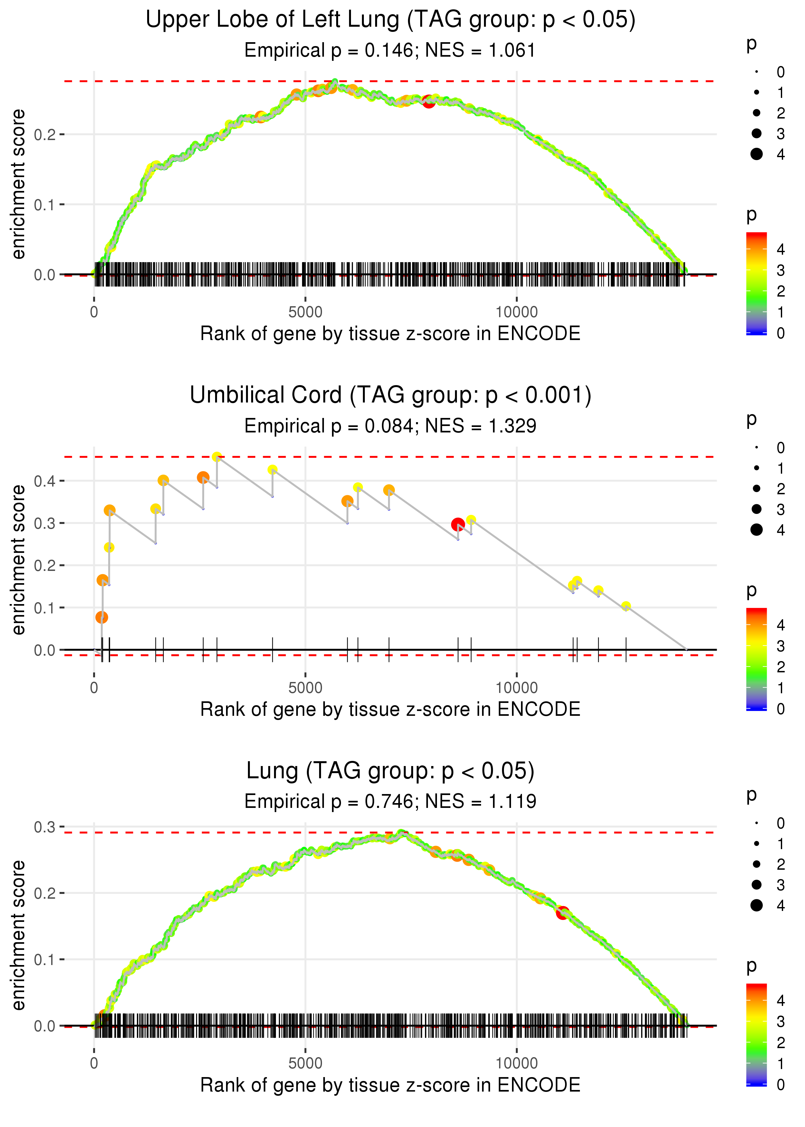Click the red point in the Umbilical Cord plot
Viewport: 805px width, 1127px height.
[458, 524]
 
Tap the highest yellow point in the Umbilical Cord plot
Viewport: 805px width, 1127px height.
[217, 457]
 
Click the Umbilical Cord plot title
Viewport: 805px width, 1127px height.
[390, 395]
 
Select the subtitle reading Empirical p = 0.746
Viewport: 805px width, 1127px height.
[390, 801]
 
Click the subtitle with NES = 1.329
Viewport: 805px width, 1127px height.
[390, 426]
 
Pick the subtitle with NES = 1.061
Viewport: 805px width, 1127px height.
[390, 50]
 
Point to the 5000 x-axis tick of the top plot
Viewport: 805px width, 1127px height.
[305, 312]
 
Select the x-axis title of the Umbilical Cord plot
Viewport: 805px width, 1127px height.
[390, 709]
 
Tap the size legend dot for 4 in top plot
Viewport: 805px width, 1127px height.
[756, 154]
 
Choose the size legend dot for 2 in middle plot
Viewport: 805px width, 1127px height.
[756, 489]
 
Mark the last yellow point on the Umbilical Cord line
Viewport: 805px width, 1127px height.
[626, 606]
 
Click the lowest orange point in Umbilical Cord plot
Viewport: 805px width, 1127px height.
[102, 617]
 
